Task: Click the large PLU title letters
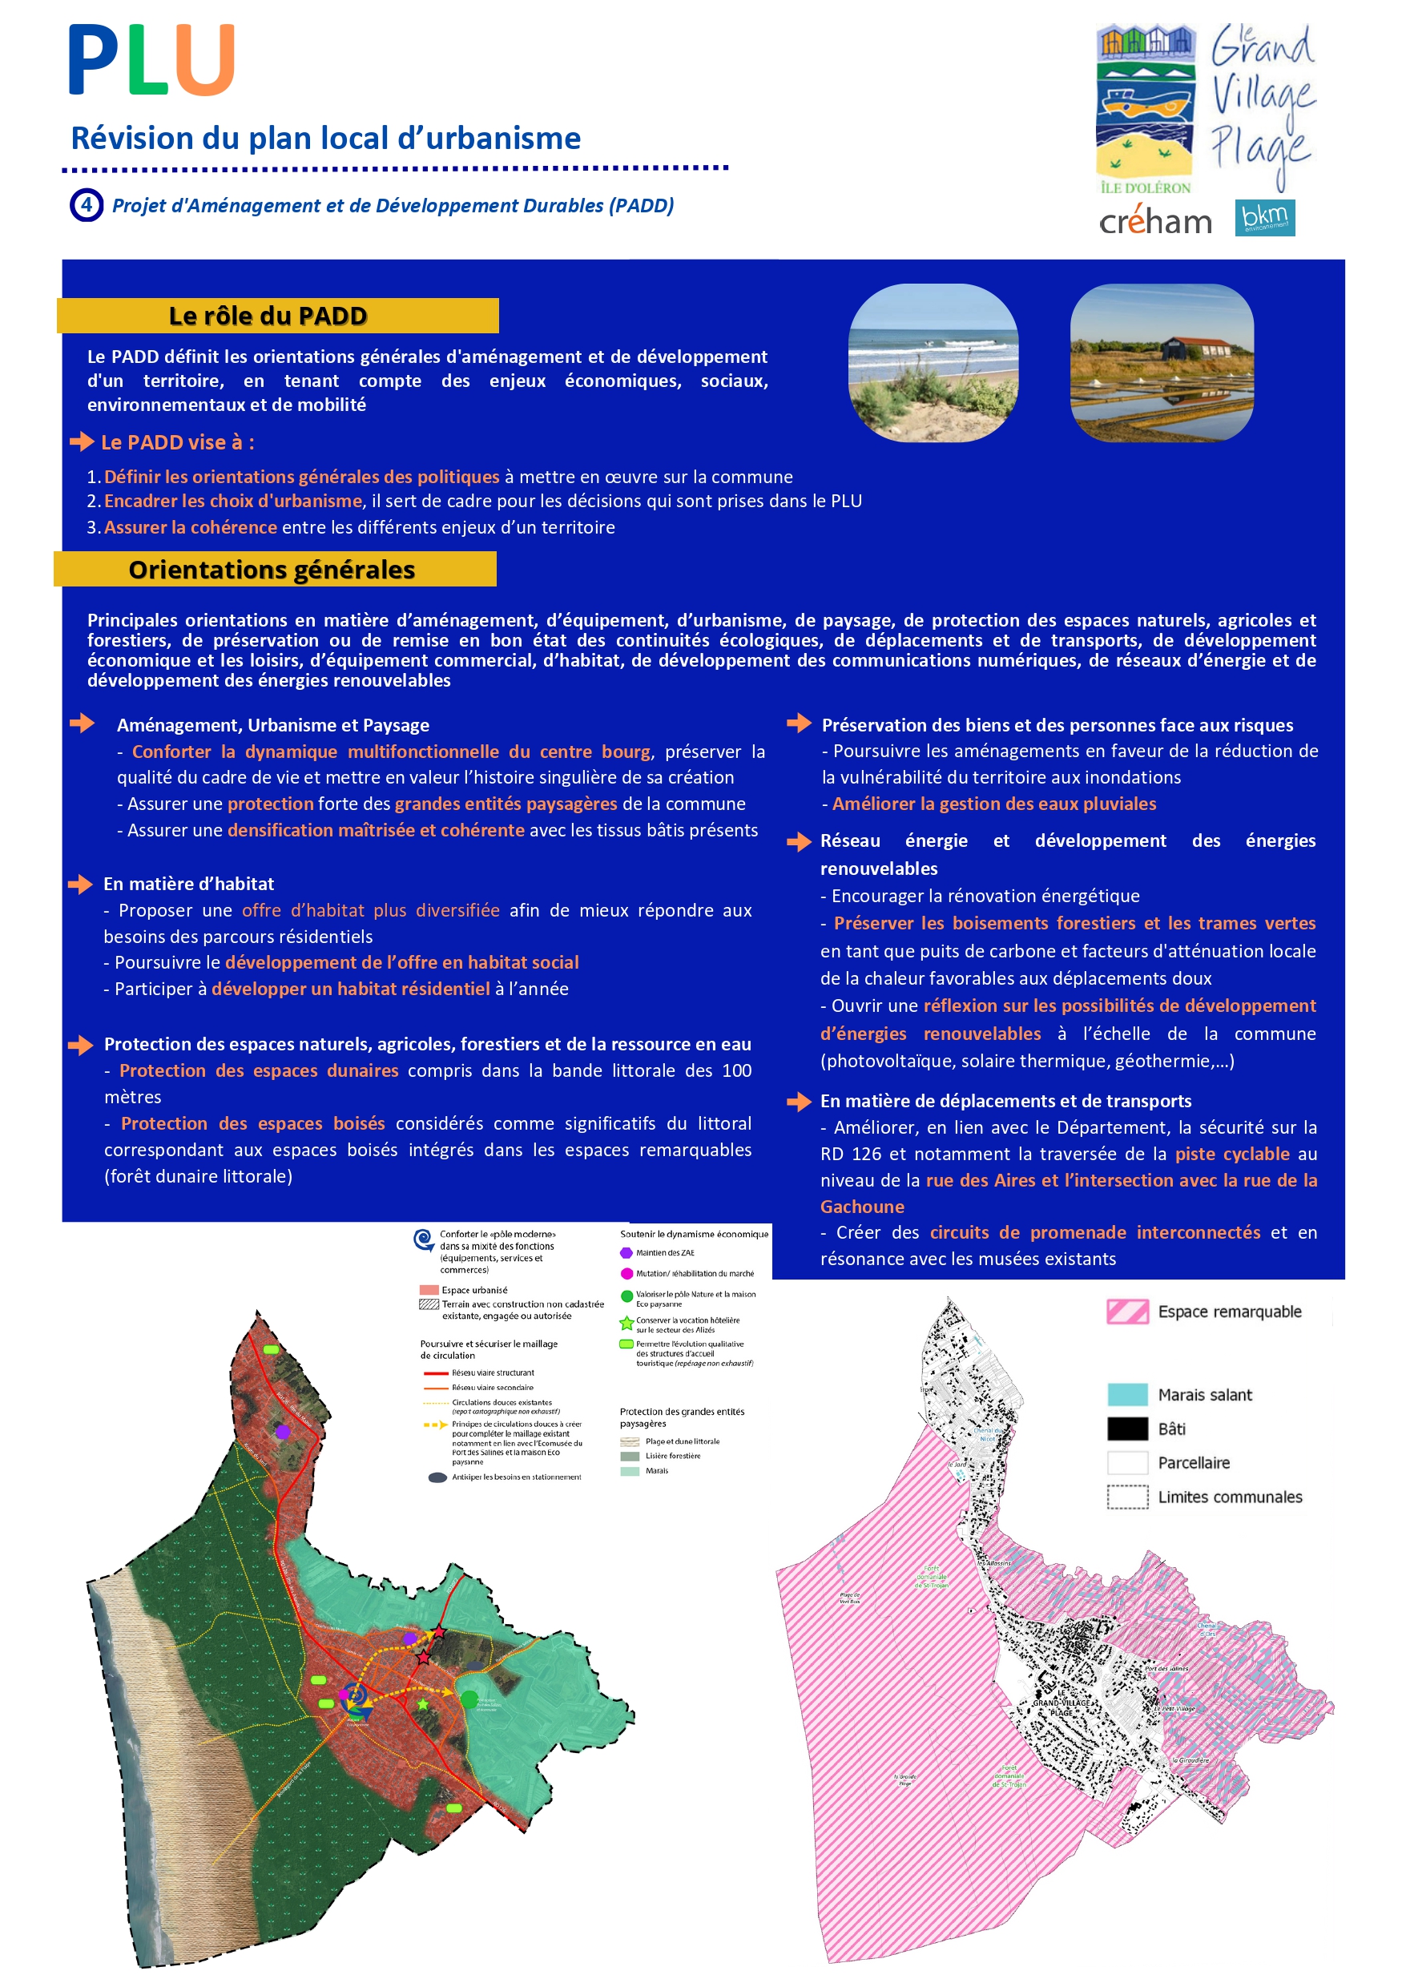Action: pyautogui.click(x=151, y=61)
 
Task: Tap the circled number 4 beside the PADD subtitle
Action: pyautogui.click(x=86, y=205)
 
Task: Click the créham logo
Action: pyautogui.click(x=1155, y=223)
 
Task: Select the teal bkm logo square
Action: pyautogui.click(x=1264, y=217)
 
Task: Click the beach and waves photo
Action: pyautogui.click(x=933, y=363)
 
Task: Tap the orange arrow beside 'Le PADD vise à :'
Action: pyautogui.click(x=83, y=441)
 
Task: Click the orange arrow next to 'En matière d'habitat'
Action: pyautogui.click(x=81, y=884)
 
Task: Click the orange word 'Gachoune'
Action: pyautogui.click(x=862, y=1206)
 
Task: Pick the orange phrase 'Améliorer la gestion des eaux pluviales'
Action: pyautogui.click(x=994, y=804)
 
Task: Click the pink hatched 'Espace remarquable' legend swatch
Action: pyautogui.click(x=1127, y=1312)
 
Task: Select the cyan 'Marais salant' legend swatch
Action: pyautogui.click(x=1127, y=1394)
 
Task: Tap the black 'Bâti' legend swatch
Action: pyautogui.click(x=1127, y=1429)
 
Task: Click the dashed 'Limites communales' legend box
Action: pyautogui.click(x=1127, y=1497)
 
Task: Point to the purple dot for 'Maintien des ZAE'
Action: pyautogui.click(x=626, y=1253)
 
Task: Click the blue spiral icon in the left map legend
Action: pyautogui.click(x=423, y=1239)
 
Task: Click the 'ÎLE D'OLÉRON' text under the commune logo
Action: pyautogui.click(x=1145, y=187)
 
